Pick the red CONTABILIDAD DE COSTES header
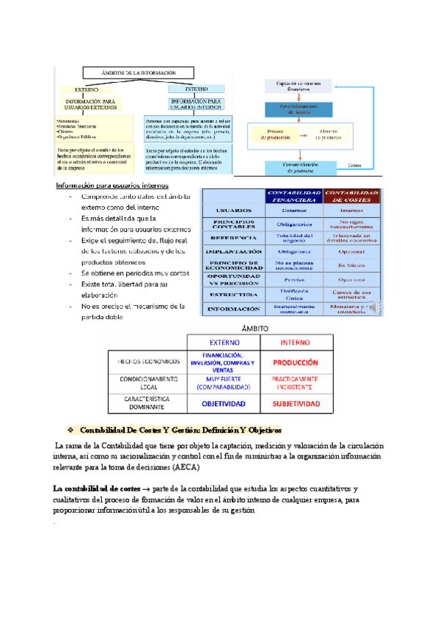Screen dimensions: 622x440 pos(353,195)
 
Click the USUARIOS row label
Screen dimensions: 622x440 pos(232,210)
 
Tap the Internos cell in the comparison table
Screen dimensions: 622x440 pos(353,210)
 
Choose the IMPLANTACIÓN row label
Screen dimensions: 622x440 pos(232,252)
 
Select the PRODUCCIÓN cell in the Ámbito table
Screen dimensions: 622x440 pos(296,362)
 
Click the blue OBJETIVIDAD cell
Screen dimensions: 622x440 pos(224,404)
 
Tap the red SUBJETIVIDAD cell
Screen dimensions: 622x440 pos(296,404)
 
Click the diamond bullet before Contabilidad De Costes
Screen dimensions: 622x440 pos(70,430)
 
